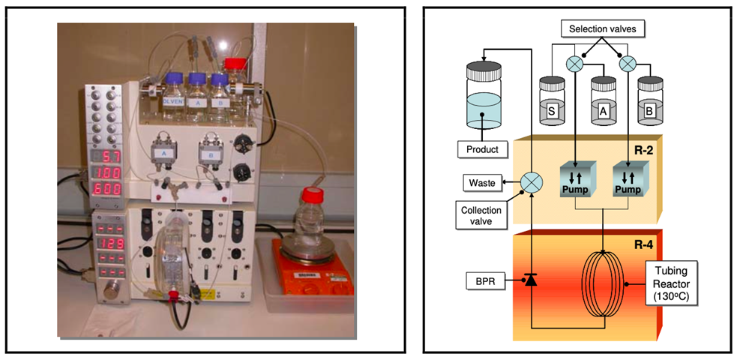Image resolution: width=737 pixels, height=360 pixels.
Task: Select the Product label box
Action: (x=482, y=149)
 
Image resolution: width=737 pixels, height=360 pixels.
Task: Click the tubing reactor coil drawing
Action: (x=604, y=280)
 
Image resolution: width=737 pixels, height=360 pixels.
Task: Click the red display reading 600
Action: (x=106, y=191)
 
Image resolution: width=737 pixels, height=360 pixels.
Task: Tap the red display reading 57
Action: (x=106, y=157)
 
